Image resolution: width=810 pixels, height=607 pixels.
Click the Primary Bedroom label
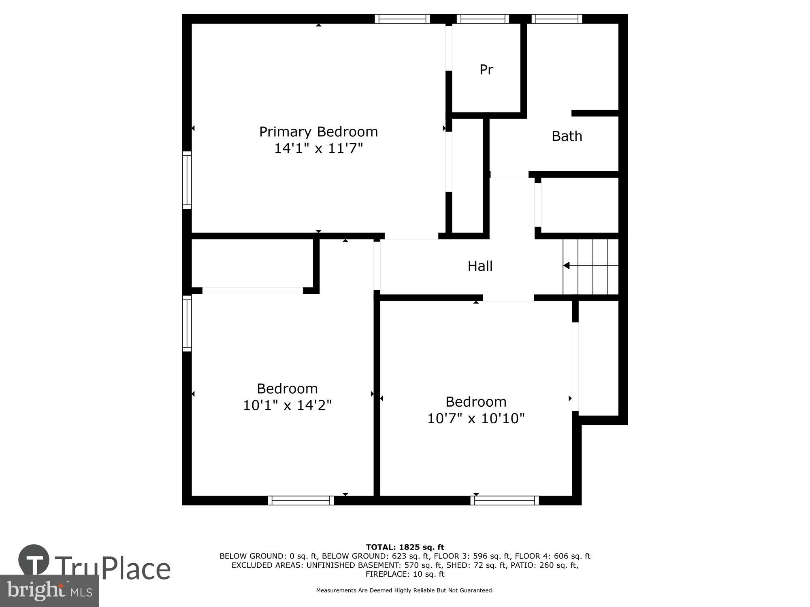pyautogui.click(x=318, y=132)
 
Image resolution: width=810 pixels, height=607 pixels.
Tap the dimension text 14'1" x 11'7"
pyautogui.click(x=318, y=149)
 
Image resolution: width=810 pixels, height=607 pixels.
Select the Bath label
pyautogui.click(x=567, y=136)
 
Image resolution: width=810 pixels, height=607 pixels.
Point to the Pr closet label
pyautogui.click(x=486, y=70)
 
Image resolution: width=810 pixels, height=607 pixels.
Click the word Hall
pyautogui.click(x=480, y=266)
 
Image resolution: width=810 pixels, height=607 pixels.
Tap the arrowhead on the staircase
pyautogui.click(x=567, y=265)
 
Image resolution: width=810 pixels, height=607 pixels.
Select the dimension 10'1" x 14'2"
pyautogui.click(x=287, y=405)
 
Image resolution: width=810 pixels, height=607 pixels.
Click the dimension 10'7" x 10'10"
pyautogui.click(x=476, y=418)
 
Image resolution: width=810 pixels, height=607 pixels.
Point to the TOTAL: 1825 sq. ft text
pyautogui.click(x=405, y=548)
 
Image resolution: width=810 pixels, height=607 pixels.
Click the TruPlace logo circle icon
pyautogui.click(x=34, y=560)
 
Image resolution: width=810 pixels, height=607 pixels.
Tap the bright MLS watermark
pyautogui.click(x=49, y=591)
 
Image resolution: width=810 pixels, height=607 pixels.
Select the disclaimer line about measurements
pyautogui.click(x=405, y=590)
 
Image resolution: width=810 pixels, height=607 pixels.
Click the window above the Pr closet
pyautogui.click(x=483, y=19)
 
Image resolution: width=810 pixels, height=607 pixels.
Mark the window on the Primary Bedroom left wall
pyautogui.click(x=187, y=180)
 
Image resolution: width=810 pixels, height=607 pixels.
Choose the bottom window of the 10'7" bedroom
pyautogui.click(x=505, y=501)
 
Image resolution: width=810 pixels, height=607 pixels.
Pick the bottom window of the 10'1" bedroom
pyautogui.click(x=301, y=501)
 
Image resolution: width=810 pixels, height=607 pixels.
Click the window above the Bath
pyautogui.click(x=557, y=19)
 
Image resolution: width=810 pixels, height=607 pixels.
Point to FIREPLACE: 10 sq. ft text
pyautogui.click(x=405, y=574)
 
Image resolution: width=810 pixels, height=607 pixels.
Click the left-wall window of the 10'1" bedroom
pyautogui.click(x=187, y=323)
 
